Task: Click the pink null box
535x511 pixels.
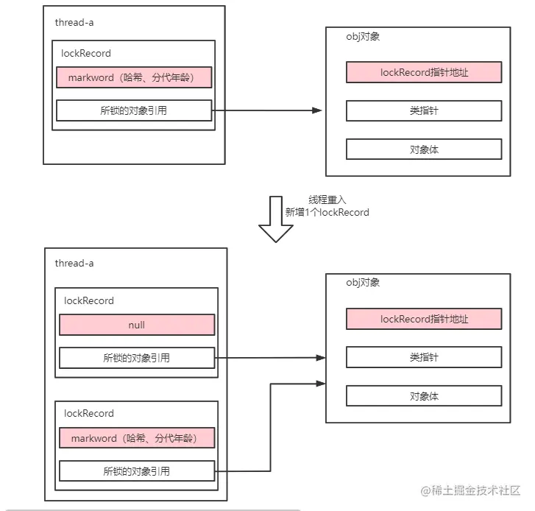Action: pyautogui.click(x=137, y=325)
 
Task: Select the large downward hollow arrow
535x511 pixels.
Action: pyautogui.click(x=276, y=219)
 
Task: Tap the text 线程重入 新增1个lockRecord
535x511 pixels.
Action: pyautogui.click(x=327, y=206)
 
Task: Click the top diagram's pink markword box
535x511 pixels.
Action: pyautogui.click(x=134, y=77)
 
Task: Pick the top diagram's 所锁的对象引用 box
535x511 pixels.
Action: pyautogui.click(x=134, y=110)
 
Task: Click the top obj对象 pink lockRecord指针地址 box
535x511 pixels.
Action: pyautogui.click(x=424, y=72)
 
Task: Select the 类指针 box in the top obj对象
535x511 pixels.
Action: pyautogui.click(x=424, y=110)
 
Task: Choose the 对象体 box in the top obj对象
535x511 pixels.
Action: pyautogui.click(x=424, y=149)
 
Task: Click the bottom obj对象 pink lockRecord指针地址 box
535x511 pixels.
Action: pyautogui.click(x=424, y=319)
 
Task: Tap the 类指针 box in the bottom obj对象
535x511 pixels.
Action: pyautogui.click(x=424, y=357)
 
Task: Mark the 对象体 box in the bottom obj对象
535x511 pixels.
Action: pyautogui.click(x=424, y=396)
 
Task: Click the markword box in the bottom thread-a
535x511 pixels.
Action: pyautogui.click(x=137, y=437)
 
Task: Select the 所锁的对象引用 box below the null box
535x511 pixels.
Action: pyautogui.click(x=137, y=358)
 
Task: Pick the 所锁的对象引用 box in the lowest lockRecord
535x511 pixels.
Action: pyautogui.click(x=137, y=471)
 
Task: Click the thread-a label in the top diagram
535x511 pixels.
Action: pyautogui.click(x=74, y=22)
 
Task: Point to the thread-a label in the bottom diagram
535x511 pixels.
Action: pyautogui.click(x=74, y=263)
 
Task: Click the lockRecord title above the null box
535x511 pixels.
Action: pyautogui.click(x=89, y=300)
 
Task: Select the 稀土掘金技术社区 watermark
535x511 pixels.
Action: pyautogui.click(x=471, y=490)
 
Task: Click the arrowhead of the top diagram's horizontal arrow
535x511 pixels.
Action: pyautogui.click(x=317, y=110)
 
